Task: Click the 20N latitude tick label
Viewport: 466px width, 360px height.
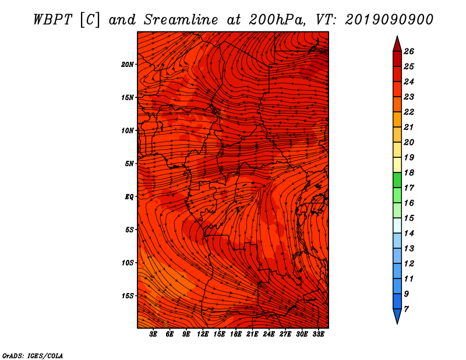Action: [x=128, y=65]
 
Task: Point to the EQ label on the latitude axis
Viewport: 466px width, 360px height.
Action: [x=129, y=197]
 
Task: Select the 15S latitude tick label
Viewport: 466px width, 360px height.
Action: [x=128, y=296]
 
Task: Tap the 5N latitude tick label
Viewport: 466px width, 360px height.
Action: [x=129, y=164]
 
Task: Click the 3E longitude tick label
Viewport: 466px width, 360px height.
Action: [x=153, y=334]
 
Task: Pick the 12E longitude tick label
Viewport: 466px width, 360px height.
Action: [x=203, y=334]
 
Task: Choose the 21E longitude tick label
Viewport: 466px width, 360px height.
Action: [x=252, y=334]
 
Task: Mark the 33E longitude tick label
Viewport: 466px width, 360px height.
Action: [x=318, y=334]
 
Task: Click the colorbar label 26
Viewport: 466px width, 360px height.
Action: [x=409, y=51]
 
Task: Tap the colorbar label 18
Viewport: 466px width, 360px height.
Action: [x=409, y=172]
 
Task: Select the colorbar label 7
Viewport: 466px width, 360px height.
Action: [x=407, y=309]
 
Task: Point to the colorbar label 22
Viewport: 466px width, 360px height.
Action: [x=409, y=112]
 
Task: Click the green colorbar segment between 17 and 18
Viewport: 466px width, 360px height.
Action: [x=397, y=180]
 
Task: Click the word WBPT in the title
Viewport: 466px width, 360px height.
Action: [x=52, y=20]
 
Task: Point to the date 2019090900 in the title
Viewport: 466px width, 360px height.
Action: [x=389, y=20]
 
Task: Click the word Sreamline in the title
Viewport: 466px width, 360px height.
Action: [x=181, y=20]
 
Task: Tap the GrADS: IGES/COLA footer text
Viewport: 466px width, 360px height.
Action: [x=33, y=355]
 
